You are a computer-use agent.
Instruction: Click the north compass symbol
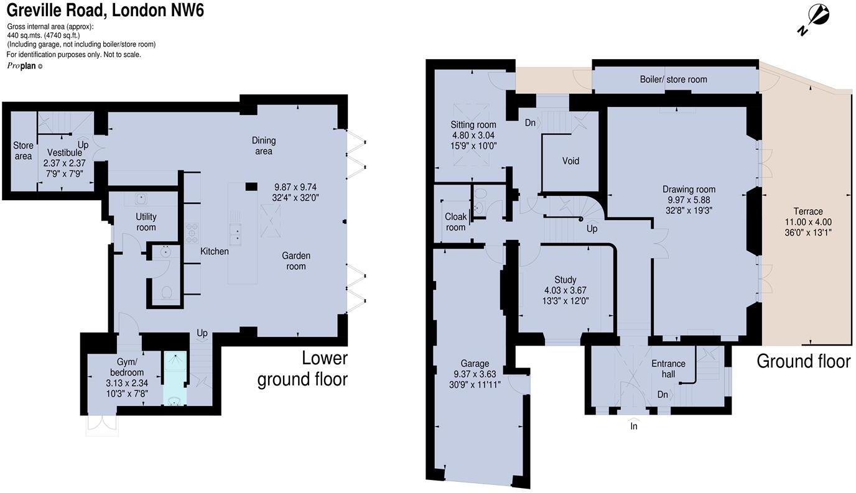click(815, 18)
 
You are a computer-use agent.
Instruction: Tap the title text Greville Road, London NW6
click(105, 10)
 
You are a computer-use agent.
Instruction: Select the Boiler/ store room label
click(673, 79)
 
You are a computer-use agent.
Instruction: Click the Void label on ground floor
click(570, 161)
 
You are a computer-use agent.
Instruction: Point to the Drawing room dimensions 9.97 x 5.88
click(689, 200)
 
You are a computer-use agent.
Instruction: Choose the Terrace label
click(808, 211)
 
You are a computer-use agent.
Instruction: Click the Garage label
click(475, 364)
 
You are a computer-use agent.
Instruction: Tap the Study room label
click(565, 280)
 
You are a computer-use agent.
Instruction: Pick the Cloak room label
click(455, 222)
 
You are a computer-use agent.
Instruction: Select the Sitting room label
click(473, 125)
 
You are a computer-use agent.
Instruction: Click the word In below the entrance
click(634, 426)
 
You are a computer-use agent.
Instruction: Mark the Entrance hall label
click(668, 369)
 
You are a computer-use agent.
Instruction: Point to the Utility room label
click(146, 222)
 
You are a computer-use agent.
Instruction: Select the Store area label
click(23, 150)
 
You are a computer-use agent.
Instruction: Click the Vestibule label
click(65, 152)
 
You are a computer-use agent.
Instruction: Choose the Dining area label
click(263, 145)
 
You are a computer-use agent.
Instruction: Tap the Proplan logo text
click(22, 66)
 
